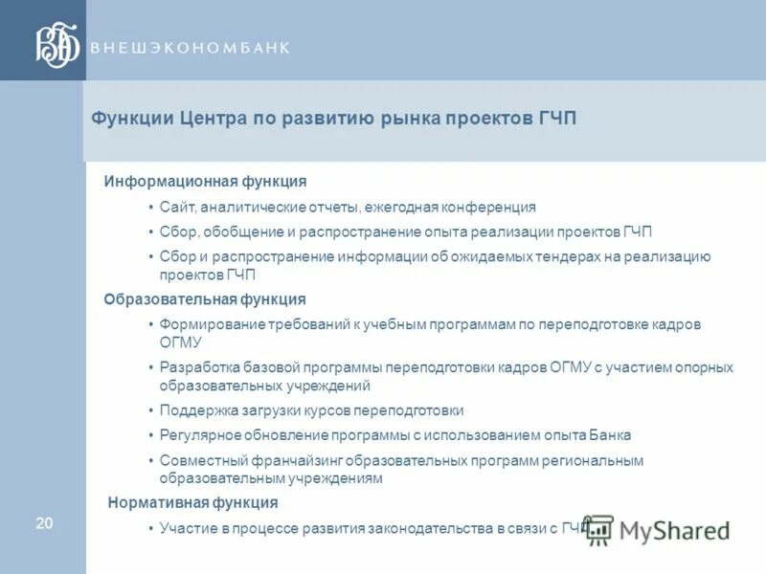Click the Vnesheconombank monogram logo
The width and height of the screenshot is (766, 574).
click(56, 46)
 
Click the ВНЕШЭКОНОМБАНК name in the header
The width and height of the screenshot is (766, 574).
click(190, 48)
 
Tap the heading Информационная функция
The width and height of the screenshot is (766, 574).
click(205, 181)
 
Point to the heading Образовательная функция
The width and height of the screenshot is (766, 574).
click(205, 299)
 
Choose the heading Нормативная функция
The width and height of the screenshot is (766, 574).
click(192, 502)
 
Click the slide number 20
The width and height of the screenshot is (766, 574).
click(44, 522)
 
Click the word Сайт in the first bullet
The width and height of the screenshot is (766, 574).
click(177, 207)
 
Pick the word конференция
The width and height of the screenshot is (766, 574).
click(488, 207)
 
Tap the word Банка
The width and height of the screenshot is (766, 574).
click(611, 435)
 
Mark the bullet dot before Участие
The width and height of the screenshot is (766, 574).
click(151, 528)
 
